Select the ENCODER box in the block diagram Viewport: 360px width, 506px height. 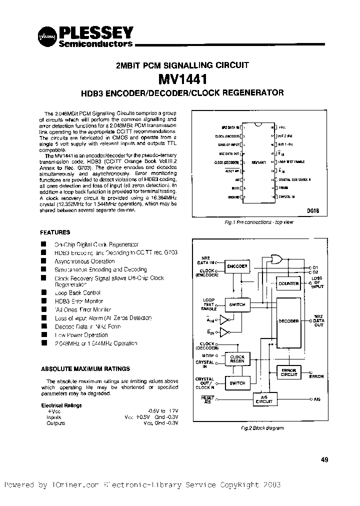point(237,266)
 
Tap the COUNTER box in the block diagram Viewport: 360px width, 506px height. point(288,283)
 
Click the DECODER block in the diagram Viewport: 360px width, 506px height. point(288,321)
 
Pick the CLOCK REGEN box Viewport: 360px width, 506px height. point(237,359)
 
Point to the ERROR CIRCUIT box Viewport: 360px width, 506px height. point(288,372)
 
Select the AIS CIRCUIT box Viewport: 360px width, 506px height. point(264,399)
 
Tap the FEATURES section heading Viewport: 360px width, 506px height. point(55,232)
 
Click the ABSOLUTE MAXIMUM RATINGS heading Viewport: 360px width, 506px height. point(85,368)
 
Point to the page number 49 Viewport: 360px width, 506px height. point(324,460)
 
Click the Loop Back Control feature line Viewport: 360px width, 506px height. point(78,292)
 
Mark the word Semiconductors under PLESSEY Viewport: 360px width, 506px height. point(95,44)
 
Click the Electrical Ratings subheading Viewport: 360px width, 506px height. point(61,405)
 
